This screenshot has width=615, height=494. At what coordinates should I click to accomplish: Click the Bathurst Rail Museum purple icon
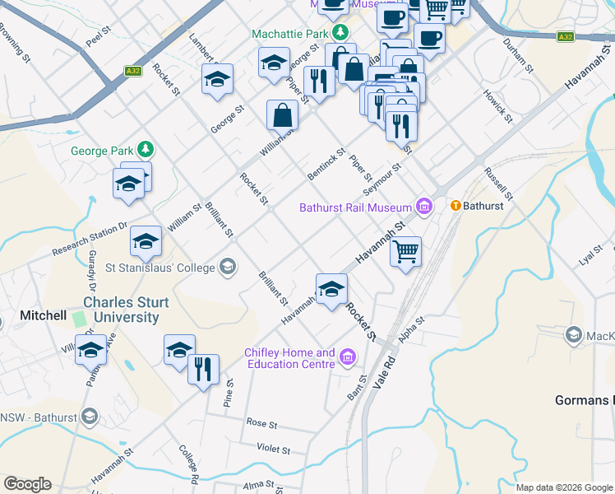tap(424, 207)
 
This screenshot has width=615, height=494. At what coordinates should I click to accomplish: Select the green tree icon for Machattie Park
tap(340, 33)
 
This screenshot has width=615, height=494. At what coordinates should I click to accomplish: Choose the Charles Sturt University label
tap(126, 310)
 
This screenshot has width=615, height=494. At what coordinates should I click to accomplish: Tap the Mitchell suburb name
tap(43, 315)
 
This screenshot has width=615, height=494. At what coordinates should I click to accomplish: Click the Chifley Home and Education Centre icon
tap(348, 357)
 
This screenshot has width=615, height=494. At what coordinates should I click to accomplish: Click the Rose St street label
tap(261, 422)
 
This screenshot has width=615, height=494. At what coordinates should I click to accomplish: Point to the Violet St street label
tap(274, 450)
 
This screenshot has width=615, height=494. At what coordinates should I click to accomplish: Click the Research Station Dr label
tap(90, 239)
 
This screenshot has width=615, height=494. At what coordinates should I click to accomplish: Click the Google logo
tap(27, 484)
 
